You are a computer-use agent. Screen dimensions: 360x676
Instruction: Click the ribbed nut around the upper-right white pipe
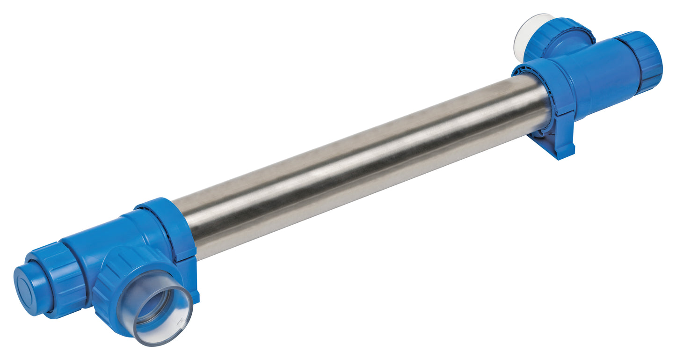[557, 37]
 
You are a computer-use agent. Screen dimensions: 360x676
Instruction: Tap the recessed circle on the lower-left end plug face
[26, 293]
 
